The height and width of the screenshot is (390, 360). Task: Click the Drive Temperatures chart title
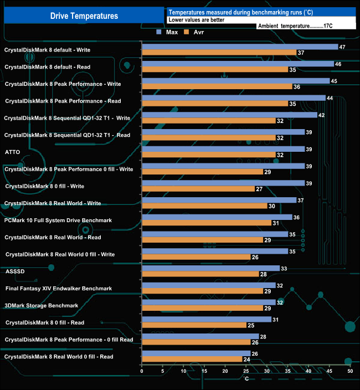pos(84,16)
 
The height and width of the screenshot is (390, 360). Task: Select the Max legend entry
pos(167,32)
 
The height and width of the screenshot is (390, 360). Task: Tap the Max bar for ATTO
pos(223,149)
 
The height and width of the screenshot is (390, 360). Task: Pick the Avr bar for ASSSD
pos(200,274)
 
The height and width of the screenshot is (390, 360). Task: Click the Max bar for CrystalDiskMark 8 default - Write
pos(240,47)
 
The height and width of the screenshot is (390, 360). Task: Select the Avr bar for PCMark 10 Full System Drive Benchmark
pos(207,223)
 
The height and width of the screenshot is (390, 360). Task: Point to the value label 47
pos(342,47)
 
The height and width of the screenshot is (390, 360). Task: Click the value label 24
pos(247,360)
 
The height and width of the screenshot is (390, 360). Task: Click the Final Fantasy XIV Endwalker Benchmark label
pos(59,288)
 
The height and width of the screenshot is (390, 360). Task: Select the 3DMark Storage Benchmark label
pos(41,305)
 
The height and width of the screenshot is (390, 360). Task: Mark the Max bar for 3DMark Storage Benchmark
pos(209,302)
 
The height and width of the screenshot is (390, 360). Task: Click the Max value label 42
pos(321,115)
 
